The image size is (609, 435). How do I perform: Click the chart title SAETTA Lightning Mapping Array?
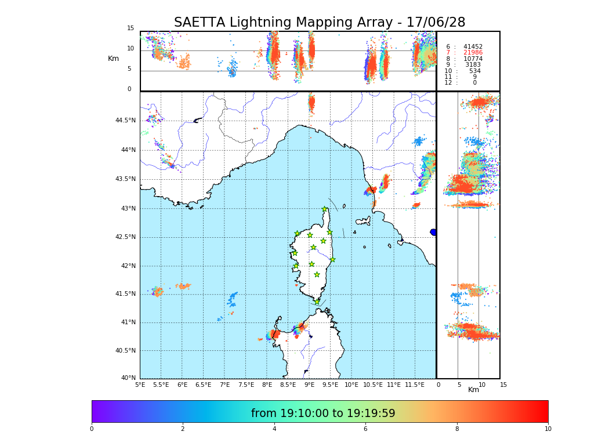(320, 23)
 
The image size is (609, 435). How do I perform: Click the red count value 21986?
(473, 53)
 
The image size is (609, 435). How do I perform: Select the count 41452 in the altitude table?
(473, 47)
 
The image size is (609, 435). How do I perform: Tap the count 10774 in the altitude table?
(473, 59)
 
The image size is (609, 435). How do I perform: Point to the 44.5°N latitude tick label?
(125, 121)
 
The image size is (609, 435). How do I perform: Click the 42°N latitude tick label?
(128, 266)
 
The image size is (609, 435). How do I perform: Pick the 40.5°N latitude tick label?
(125, 351)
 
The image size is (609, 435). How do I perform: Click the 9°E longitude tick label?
(309, 385)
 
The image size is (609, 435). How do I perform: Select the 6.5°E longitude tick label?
(203, 385)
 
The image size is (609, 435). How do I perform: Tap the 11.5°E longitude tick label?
(415, 385)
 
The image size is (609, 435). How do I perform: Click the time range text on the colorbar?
(323, 414)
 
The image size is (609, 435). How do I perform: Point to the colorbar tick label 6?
(365, 429)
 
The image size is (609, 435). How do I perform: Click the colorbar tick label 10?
(548, 429)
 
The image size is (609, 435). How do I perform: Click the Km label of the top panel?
(113, 59)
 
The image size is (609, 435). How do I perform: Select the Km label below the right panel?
(473, 390)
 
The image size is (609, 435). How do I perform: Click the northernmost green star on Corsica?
(325, 209)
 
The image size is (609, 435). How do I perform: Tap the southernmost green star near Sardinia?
(317, 302)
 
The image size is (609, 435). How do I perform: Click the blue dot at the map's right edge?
(433, 232)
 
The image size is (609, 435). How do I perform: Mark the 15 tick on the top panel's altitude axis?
(130, 28)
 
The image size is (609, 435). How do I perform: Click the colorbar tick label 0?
(92, 429)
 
